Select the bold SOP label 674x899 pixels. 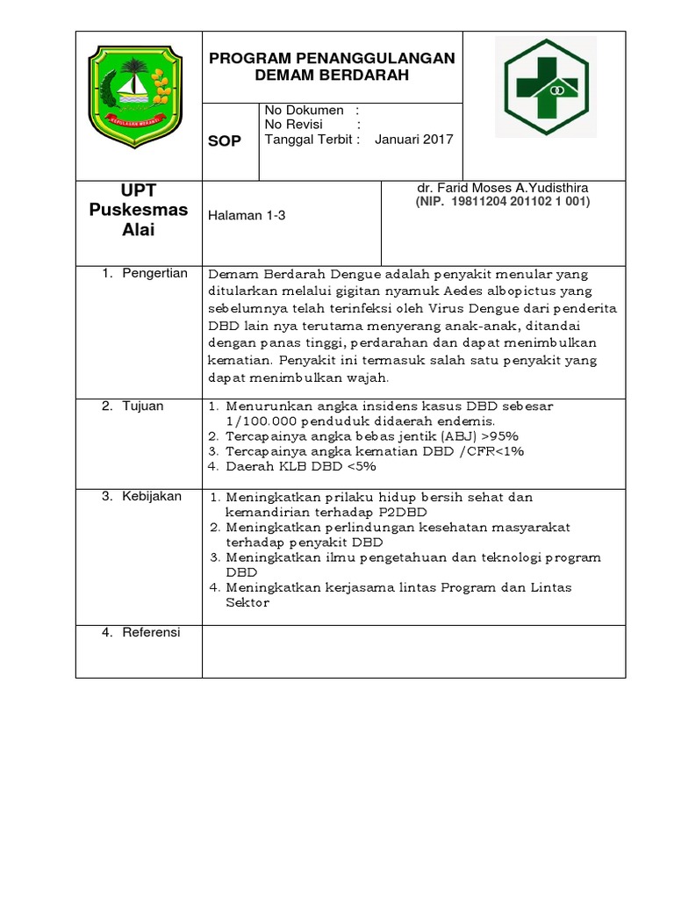[224, 141]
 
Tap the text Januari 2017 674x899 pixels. [414, 140]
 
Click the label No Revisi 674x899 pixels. [296, 125]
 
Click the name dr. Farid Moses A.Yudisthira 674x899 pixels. [503, 188]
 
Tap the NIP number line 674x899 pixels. [503, 201]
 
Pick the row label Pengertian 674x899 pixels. [154, 273]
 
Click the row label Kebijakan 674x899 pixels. [152, 497]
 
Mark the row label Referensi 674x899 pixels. [151, 632]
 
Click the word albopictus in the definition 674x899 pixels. [488, 290]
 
